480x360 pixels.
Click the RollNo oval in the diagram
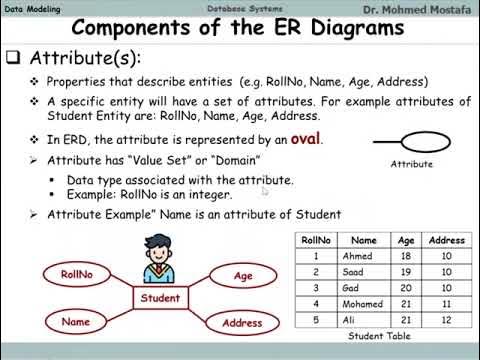click(x=77, y=273)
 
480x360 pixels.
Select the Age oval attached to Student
click(x=243, y=276)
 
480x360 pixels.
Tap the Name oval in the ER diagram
click(x=75, y=322)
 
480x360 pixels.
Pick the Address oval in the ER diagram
click(x=243, y=323)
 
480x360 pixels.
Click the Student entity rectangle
click(x=160, y=298)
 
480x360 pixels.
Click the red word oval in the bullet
click(x=306, y=140)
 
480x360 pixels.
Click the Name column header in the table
click(x=364, y=241)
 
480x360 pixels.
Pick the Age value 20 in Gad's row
click(x=406, y=287)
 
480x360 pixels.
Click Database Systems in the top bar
click(x=236, y=9)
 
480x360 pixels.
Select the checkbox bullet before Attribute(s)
click(x=13, y=58)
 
